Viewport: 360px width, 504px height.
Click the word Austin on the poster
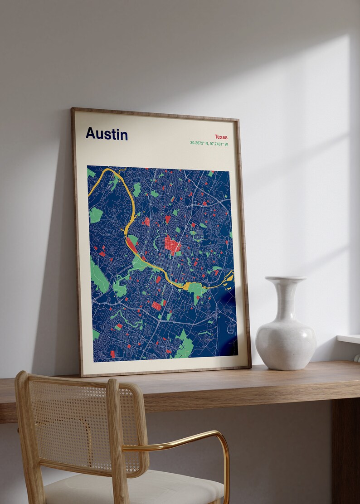point(107,134)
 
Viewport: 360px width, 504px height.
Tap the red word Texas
point(221,137)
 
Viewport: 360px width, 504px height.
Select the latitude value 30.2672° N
point(201,144)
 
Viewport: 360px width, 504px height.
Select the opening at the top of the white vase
point(285,278)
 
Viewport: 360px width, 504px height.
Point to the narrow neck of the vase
point(286,299)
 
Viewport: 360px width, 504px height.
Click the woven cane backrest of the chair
point(68,422)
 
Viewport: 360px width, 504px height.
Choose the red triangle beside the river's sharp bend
point(132,245)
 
